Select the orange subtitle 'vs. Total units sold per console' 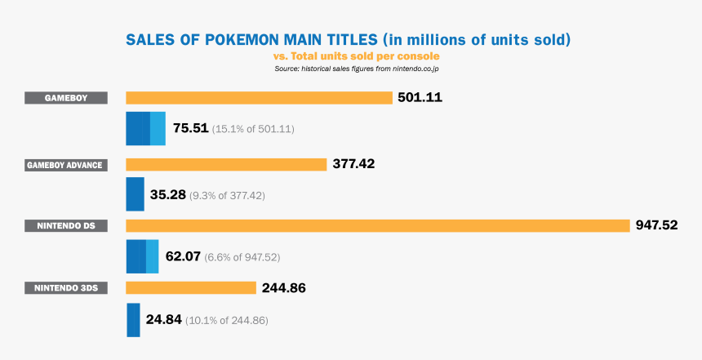click(356, 56)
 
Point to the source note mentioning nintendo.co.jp click(358, 69)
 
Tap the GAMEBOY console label click(66, 98)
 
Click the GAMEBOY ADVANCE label click(66, 164)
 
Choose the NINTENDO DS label click(66, 225)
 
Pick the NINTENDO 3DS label click(66, 287)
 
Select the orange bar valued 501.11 click(259, 98)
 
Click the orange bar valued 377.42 click(226, 164)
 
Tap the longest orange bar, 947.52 click(378, 225)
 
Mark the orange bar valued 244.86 click(191, 287)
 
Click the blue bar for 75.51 click(145, 129)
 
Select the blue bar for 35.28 click(135, 194)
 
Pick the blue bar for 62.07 click(142, 256)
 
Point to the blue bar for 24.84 click(133, 319)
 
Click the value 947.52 click(657, 225)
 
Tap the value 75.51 click(190, 129)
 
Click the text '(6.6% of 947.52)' click(242, 257)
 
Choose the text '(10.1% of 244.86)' click(226, 320)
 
